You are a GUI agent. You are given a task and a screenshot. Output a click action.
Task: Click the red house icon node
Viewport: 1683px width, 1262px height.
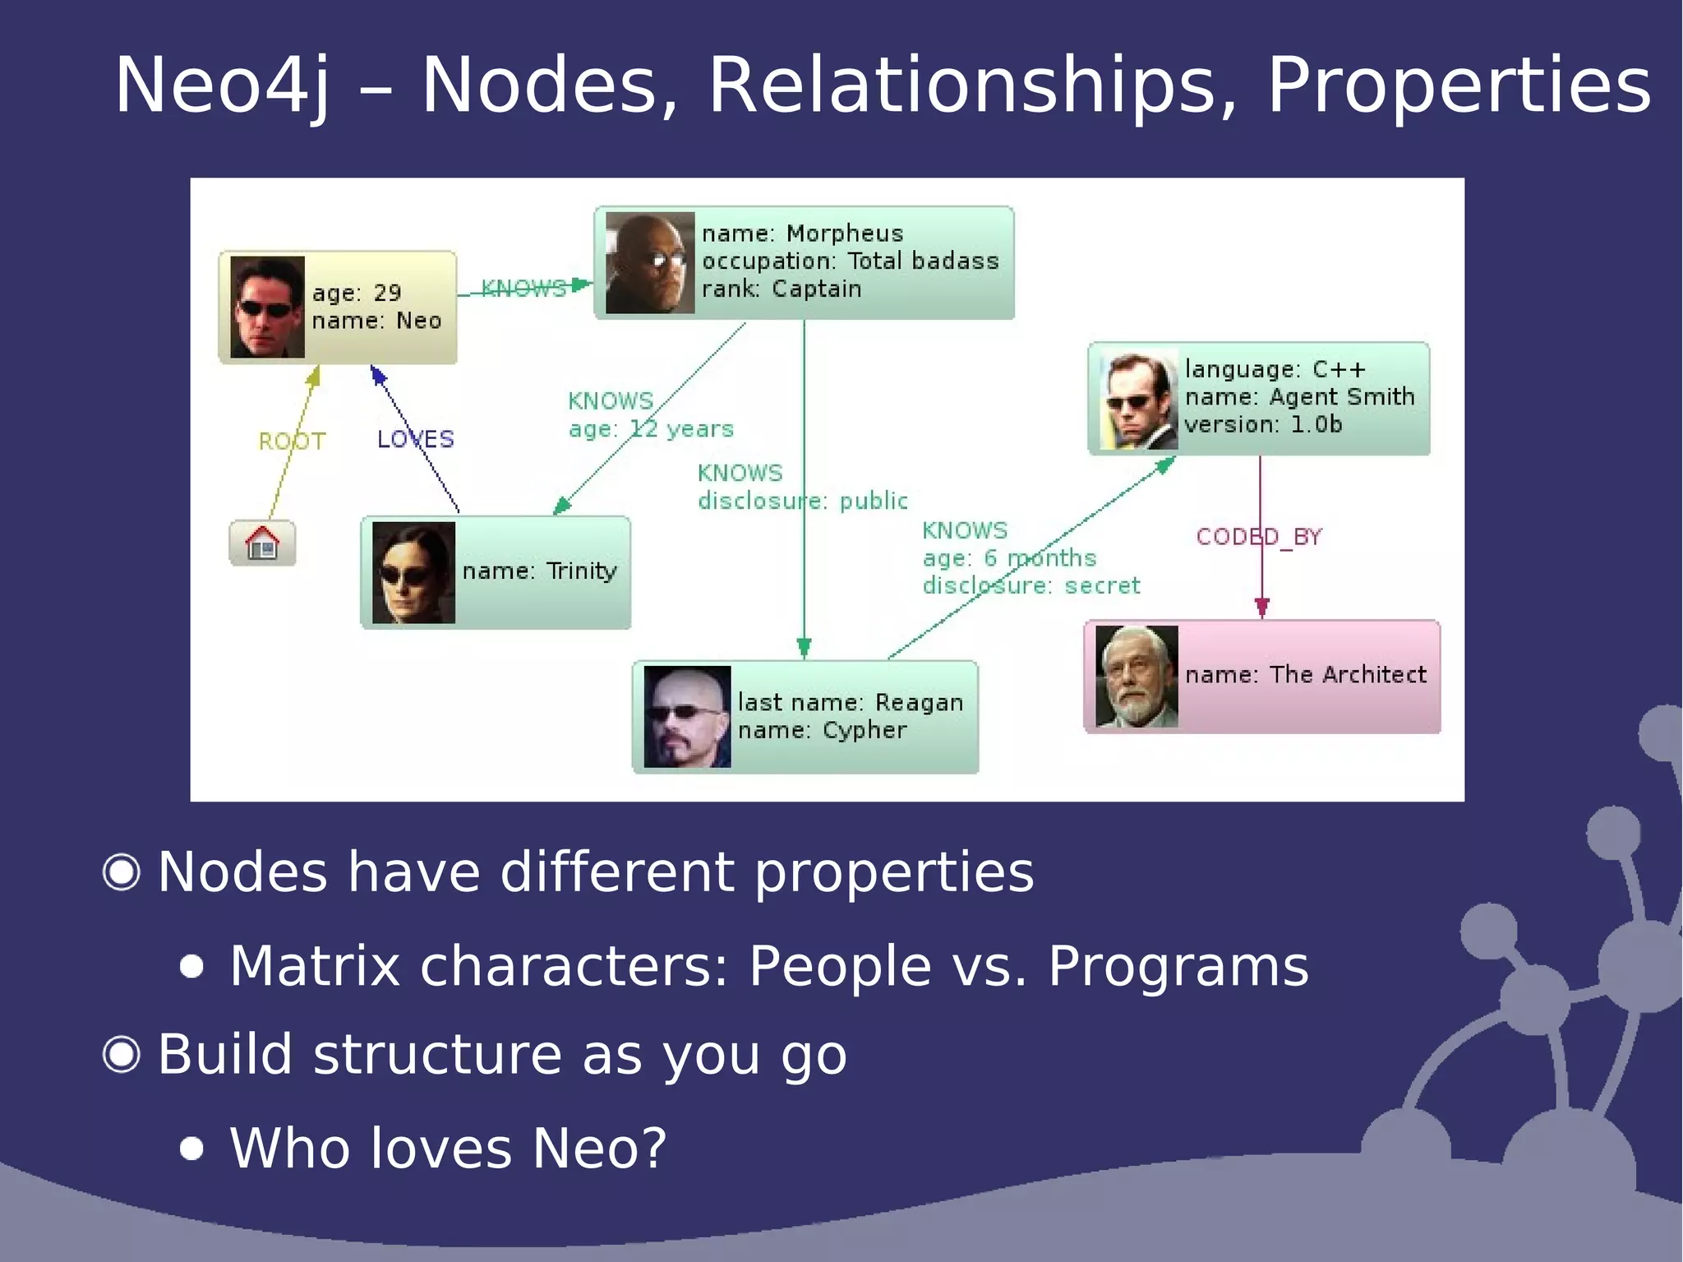(x=262, y=543)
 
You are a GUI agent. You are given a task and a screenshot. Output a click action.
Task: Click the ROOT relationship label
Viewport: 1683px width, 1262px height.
(x=292, y=441)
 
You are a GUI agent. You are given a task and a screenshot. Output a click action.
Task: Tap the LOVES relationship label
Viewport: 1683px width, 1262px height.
(x=415, y=439)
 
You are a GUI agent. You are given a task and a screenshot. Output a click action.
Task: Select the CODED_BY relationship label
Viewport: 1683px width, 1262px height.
(x=1258, y=537)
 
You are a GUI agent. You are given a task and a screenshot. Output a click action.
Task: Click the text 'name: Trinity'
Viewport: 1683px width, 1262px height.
(x=539, y=571)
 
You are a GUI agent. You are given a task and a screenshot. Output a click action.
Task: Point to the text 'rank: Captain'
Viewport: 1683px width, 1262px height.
(x=781, y=289)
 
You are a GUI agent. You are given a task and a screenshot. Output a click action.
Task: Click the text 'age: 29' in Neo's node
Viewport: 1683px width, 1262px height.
(x=357, y=293)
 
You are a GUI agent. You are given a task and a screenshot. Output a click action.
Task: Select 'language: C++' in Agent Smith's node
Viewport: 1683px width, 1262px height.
(x=1275, y=369)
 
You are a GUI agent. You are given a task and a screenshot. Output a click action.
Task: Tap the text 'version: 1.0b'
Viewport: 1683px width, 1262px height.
(x=1262, y=425)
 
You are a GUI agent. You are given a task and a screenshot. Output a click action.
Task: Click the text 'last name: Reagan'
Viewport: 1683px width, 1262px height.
(x=850, y=703)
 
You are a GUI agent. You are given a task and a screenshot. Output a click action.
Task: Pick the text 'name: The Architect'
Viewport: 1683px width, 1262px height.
(x=1305, y=675)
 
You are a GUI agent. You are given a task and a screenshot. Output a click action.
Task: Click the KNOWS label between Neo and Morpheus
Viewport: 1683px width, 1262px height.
(x=523, y=289)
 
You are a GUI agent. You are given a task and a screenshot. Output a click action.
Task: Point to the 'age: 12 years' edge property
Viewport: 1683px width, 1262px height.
(x=651, y=429)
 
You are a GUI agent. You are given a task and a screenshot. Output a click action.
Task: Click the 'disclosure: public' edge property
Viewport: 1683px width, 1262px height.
(x=802, y=501)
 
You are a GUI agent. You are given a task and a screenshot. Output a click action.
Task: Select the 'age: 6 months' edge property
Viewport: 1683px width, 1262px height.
(x=1009, y=558)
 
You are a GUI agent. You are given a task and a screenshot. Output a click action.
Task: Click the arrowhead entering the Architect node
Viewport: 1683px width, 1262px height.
(x=1262, y=609)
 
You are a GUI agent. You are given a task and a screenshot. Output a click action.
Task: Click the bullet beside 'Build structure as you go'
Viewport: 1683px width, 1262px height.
(x=122, y=1054)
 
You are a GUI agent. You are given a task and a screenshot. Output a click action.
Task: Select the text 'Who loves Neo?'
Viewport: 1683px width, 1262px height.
(x=448, y=1148)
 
